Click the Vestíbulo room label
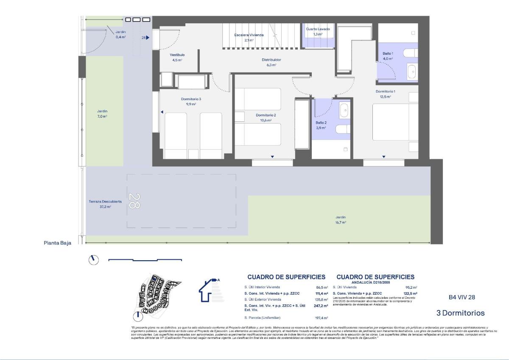(177, 55)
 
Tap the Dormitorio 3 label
(191, 99)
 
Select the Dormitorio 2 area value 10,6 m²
(266, 120)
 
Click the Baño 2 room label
(321, 123)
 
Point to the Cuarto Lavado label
(318, 29)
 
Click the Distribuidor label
(271, 60)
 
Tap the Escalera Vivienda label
(249, 35)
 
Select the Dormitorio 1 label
(385, 91)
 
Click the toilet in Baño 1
(410, 53)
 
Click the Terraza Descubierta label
(105, 202)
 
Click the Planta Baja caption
(58, 243)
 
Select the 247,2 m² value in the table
(321, 306)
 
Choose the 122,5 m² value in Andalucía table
(410, 293)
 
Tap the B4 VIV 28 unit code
(462, 297)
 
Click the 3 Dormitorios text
(460, 313)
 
